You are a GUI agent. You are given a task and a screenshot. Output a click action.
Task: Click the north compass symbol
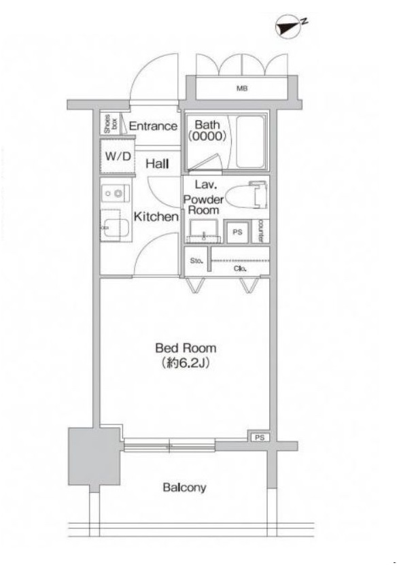pos(290,27)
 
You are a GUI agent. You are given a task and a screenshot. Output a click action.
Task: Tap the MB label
pos(242,88)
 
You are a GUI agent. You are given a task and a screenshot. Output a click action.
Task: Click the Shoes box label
pos(109,124)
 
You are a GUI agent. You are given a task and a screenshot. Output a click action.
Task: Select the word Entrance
pos(153,126)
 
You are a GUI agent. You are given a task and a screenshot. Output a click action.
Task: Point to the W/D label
pos(118,156)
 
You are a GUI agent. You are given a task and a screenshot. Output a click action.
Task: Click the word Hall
pos(157,164)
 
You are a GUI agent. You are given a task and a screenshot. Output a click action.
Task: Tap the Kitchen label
pos(156,217)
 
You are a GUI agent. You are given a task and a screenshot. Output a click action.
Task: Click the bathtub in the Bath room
pos(250,142)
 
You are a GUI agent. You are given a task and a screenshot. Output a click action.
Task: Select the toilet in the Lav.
pos(246,194)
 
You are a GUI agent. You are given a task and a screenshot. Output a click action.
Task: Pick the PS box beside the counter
pos(237,232)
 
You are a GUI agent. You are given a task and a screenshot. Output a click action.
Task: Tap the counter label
pos(260,231)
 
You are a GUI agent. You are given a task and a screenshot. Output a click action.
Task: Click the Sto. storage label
pos(196,261)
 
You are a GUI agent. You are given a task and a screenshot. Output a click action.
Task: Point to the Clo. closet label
pos(239,269)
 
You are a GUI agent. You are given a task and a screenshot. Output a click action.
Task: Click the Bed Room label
pos(186,348)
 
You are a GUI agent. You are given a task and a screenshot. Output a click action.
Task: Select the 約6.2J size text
pos(186,364)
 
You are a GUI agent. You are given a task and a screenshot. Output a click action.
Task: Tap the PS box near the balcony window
pos(260,437)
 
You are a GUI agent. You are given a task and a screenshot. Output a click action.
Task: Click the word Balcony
pos(184,488)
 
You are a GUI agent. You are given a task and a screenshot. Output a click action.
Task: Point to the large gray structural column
pos(94,457)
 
